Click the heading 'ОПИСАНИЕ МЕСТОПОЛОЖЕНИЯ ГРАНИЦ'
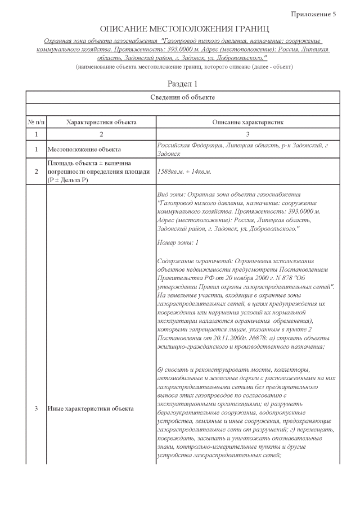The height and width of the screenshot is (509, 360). pyautogui.click(x=184, y=28)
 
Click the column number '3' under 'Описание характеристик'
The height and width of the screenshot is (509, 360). pyautogui.click(x=247, y=134)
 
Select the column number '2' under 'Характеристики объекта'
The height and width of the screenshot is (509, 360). pyautogui.click(x=101, y=134)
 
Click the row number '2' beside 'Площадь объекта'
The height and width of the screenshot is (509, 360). pyautogui.click(x=35, y=172)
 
